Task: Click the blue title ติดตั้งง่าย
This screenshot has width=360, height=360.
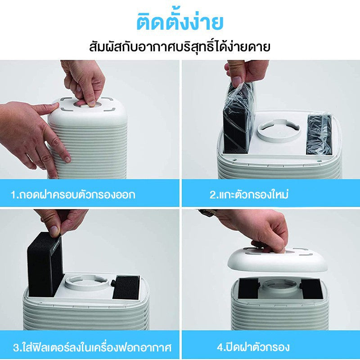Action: pyautogui.click(x=180, y=22)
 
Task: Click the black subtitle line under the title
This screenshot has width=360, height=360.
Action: pyautogui.click(x=180, y=47)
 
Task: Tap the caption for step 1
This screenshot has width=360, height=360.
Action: pyautogui.click(x=73, y=194)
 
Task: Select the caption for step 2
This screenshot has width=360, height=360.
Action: pyautogui.click(x=249, y=194)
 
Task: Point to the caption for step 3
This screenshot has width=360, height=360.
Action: pyautogui.click(x=92, y=347)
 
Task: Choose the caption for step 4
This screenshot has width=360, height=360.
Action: pyautogui.click(x=253, y=346)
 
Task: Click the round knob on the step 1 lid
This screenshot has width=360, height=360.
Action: pyautogui.click(x=87, y=104)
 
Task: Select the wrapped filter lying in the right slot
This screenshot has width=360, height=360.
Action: pyautogui.click(x=319, y=134)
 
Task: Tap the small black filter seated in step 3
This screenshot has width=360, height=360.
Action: pyautogui.click(x=126, y=287)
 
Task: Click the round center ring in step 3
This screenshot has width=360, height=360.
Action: pyautogui.click(x=86, y=282)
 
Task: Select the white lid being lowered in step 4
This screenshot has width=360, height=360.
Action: pyautogui.click(x=277, y=261)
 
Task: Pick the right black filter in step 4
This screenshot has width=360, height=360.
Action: pyautogui.click(x=312, y=288)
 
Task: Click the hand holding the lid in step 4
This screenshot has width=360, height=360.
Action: pyautogui.click(x=257, y=229)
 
